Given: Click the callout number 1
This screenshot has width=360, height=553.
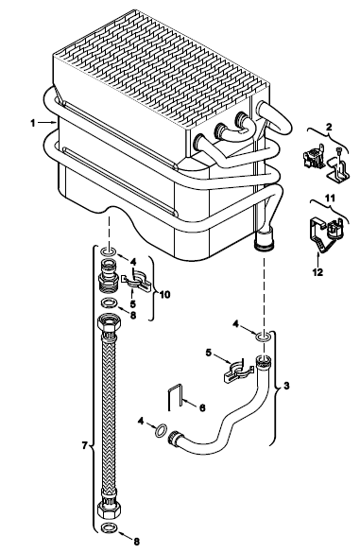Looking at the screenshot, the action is click(33, 123).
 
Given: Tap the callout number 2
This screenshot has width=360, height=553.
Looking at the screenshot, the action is click(329, 127).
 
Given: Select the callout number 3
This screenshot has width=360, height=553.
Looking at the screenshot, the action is click(286, 385).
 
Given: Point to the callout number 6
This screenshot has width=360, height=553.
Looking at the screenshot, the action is click(202, 407).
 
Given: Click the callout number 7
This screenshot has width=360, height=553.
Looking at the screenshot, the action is click(84, 446).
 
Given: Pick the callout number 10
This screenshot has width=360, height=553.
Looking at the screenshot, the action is click(164, 294).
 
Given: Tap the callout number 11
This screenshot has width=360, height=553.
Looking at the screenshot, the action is click(330, 198).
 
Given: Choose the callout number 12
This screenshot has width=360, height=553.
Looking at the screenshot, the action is click(317, 272).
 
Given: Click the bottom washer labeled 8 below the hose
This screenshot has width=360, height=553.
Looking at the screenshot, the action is click(109, 528).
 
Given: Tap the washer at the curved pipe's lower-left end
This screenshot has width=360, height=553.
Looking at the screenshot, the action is click(161, 430).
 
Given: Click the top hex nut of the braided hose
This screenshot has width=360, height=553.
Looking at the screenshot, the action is click(109, 322).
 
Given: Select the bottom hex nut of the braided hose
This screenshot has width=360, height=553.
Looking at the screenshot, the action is click(109, 509).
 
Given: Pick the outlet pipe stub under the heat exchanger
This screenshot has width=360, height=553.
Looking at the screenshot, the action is click(264, 240).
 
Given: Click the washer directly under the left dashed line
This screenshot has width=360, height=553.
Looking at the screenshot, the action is click(109, 251).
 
